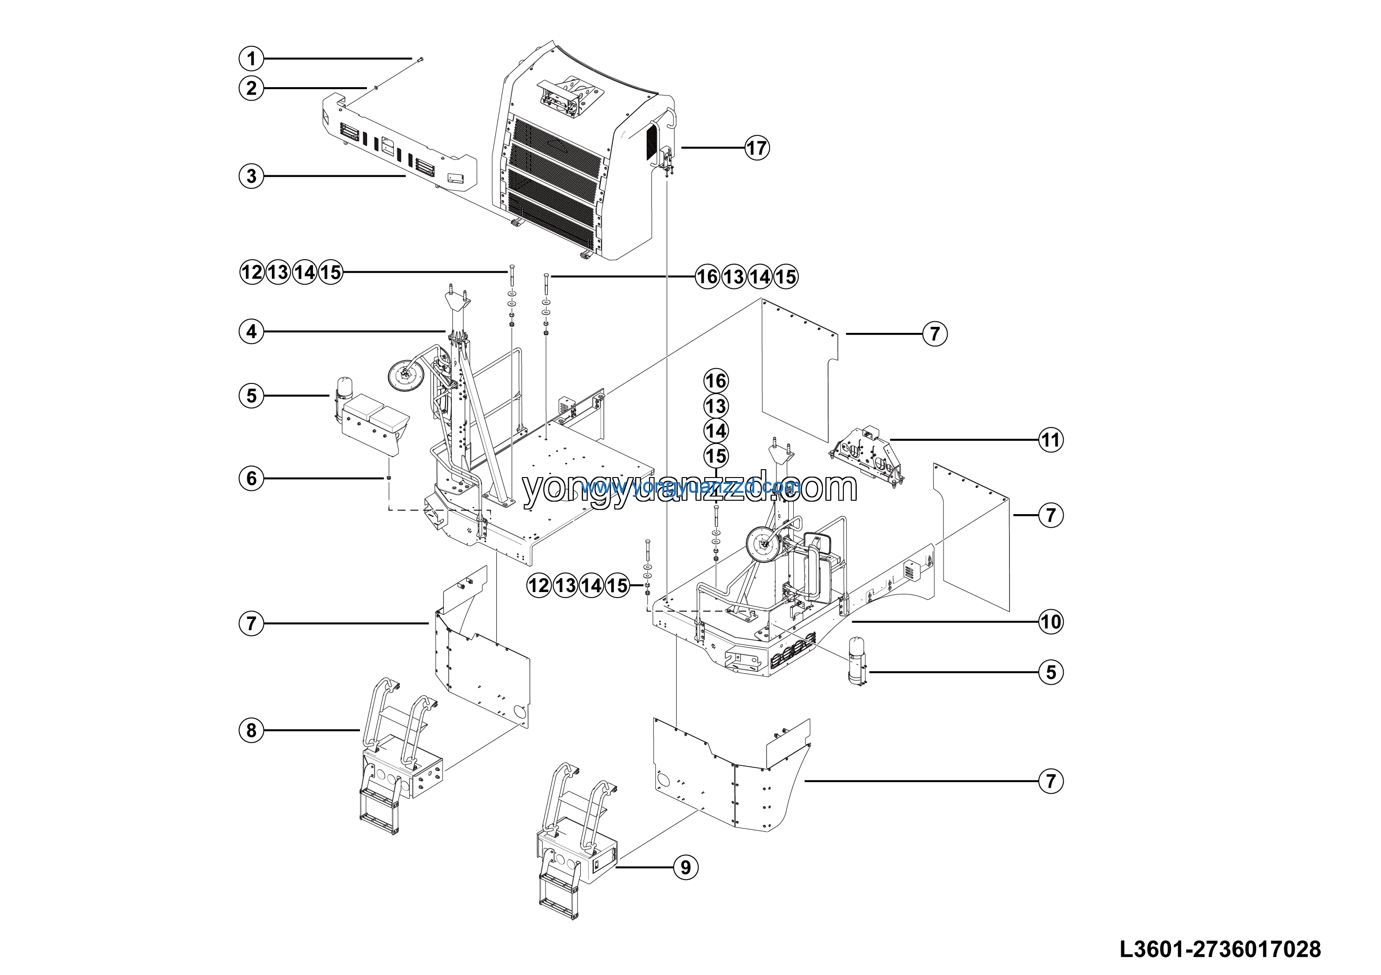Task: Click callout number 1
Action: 251,59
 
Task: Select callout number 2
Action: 251,89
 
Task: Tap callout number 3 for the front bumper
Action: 251,176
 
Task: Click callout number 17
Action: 757,147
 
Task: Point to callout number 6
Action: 251,478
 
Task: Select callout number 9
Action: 686,867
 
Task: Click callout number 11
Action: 1051,440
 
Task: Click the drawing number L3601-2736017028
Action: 1220,949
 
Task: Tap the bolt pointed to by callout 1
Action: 419,58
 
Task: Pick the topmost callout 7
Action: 935,334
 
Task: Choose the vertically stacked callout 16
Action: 716,381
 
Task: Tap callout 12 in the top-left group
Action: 251,272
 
